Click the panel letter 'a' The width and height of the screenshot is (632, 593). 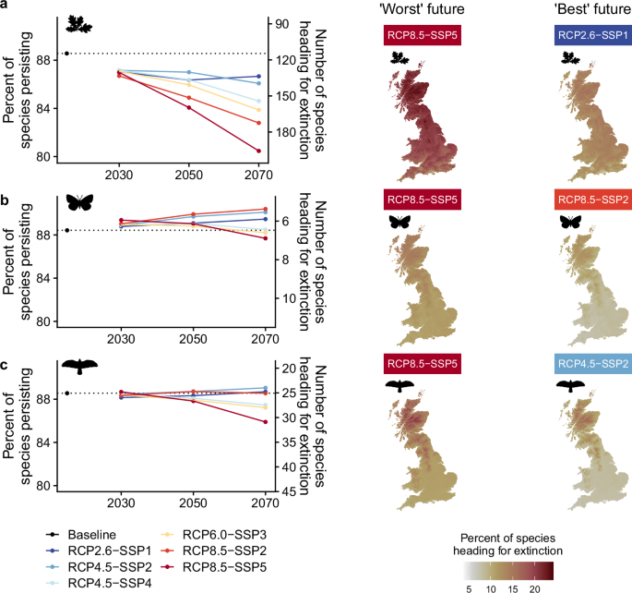(6, 7)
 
